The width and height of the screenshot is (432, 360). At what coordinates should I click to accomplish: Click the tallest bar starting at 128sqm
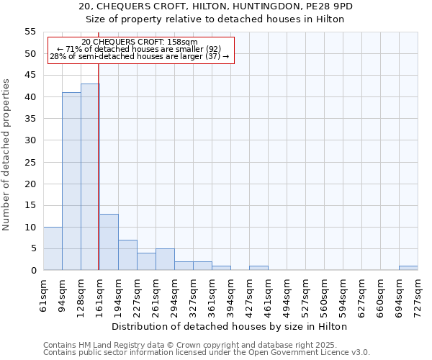pos(90,177)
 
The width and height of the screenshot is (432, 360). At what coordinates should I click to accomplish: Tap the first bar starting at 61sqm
pos(53,248)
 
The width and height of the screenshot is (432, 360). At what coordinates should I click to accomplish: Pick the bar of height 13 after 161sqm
pos(109,242)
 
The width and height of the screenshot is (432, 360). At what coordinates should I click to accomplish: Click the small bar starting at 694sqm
pos(408,268)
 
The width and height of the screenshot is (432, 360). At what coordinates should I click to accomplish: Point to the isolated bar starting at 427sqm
pos(258,268)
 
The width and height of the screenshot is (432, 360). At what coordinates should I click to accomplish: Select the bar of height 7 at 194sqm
pos(127,255)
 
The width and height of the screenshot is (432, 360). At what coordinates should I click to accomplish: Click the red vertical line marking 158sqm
pos(98,180)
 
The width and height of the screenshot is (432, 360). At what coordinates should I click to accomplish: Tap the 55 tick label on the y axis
pos(30,32)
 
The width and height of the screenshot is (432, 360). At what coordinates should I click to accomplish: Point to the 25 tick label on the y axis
pos(30,162)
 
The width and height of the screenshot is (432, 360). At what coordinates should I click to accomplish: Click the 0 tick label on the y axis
pos(33,271)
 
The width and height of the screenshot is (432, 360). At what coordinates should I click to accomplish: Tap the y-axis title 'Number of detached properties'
pos(7,155)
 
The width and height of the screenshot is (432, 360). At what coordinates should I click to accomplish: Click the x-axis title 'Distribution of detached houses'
pos(230,326)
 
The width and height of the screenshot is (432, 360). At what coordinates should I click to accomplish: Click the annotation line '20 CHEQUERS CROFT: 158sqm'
pos(140,42)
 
